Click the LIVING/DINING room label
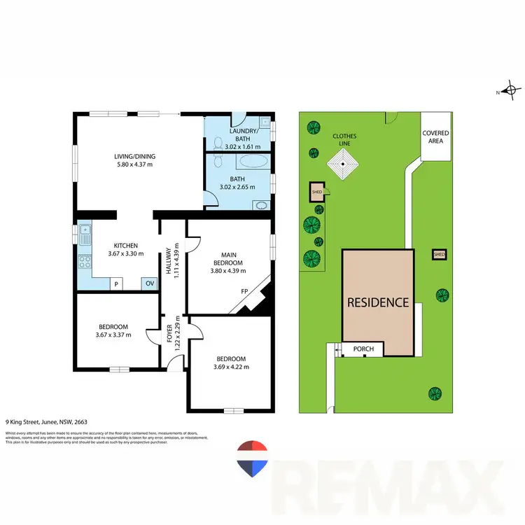coord(134,156)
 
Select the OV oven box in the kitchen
coord(149,283)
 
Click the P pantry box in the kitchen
coord(117,284)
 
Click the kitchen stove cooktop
coord(85,262)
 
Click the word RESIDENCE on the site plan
coord(378,302)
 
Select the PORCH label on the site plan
coord(363,349)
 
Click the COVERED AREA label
coord(435,136)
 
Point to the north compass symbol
coord(511,90)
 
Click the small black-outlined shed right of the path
coord(439,254)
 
